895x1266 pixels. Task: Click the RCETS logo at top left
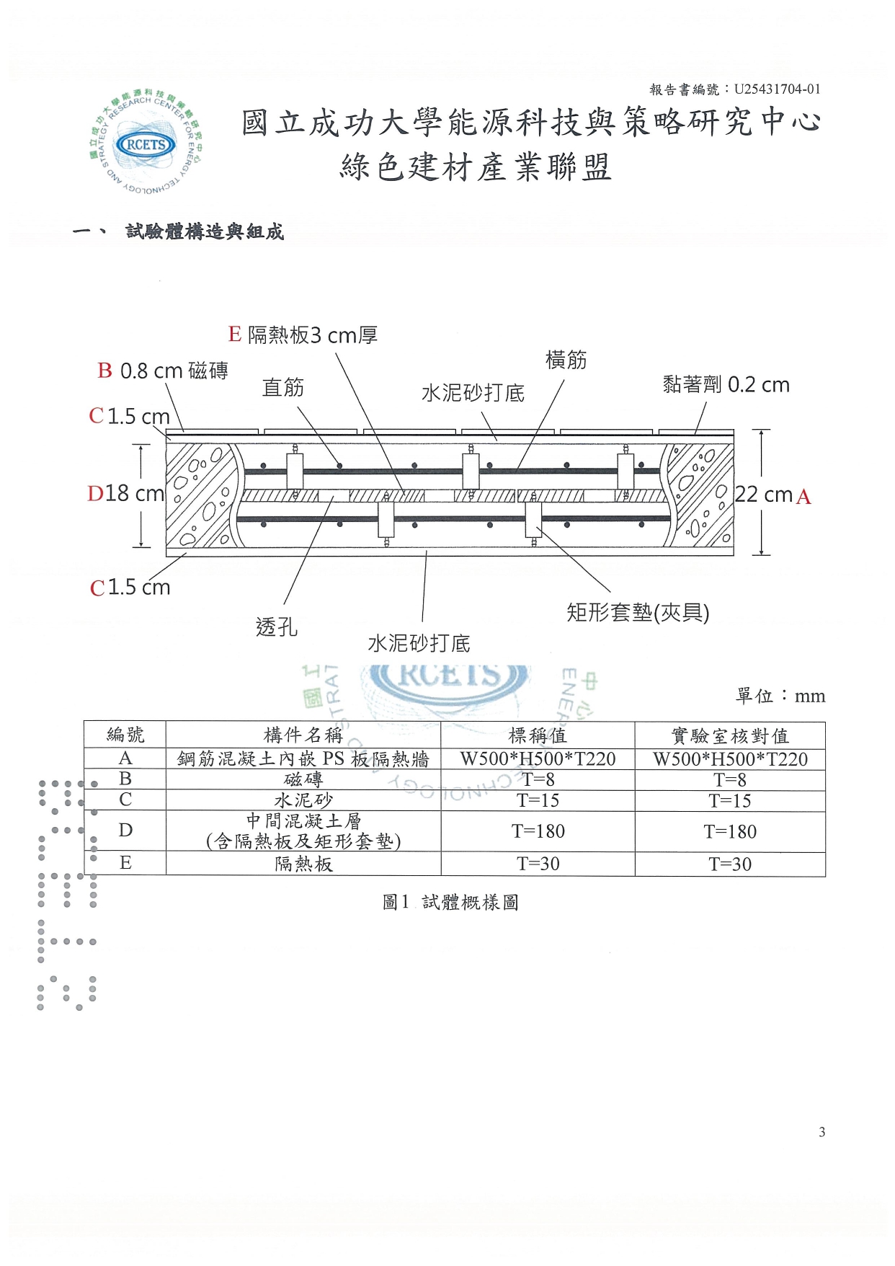pyautogui.click(x=146, y=143)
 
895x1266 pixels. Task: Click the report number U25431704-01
pyautogui.click(x=777, y=89)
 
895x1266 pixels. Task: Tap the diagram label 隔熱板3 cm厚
pyautogui.click(x=312, y=335)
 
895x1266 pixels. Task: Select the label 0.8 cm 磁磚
pyautogui.click(x=174, y=371)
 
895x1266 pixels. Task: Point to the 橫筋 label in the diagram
pyautogui.click(x=566, y=360)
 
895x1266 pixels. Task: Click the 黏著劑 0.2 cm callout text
pyautogui.click(x=726, y=384)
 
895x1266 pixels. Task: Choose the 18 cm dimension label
pyautogui.click(x=134, y=493)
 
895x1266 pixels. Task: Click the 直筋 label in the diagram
pyautogui.click(x=282, y=387)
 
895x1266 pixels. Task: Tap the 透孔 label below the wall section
pyautogui.click(x=276, y=627)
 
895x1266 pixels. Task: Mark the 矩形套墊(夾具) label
pyautogui.click(x=638, y=613)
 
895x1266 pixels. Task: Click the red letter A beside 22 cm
pyautogui.click(x=803, y=497)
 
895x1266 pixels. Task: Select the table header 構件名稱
pyautogui.click(x=303, y=735)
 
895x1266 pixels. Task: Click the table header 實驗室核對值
pyautogui.click(x=730, y=735)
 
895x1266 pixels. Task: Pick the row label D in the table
pyautogui.click(x=125, y=831)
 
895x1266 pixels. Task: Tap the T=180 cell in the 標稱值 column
pyautogui.click(x=538, y=831)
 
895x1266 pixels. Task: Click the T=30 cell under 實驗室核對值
pyautogui.click(x=730, y=864)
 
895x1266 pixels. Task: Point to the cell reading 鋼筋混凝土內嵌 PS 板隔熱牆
pyautogui.click(x=303, y=758)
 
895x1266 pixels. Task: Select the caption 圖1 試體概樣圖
pyautogui.click(x=450, y=902)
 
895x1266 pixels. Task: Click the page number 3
pyautogui.click(x=821, y=1132)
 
